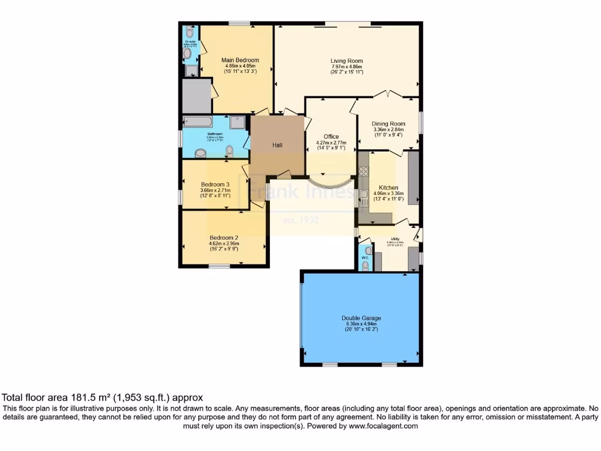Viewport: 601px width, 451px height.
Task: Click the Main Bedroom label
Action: coord(240,60)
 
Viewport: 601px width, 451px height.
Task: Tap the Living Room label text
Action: coord(346,60)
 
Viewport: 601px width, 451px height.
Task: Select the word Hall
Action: coord(278,145)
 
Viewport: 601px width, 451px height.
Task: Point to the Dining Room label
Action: coord(389,123)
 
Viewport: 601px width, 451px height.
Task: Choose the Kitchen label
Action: coord(389,188)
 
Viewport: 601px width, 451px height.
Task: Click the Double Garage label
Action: coord(361,318)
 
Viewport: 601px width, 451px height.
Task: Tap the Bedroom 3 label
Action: coord(215,184)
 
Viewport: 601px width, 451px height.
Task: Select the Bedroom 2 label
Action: coord(224,238)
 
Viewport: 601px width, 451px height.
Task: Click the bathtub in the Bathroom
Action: coord(197,122)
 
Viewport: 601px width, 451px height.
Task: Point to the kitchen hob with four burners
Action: coord(363,172)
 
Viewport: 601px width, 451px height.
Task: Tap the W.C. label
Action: coord(365,257)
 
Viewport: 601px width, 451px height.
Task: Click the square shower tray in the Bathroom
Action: coord(238,122)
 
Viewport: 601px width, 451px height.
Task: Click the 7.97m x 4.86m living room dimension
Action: coord(346,66)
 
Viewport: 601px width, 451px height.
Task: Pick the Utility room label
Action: coord(395,238)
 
